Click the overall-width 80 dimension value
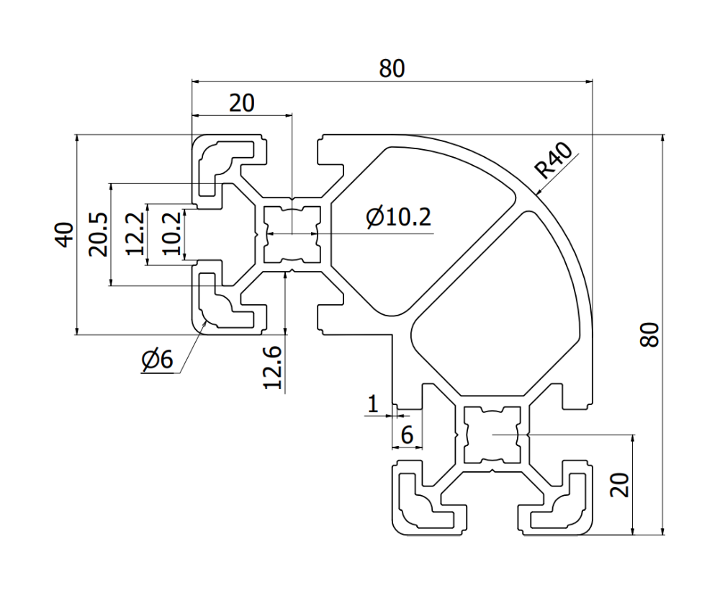392,68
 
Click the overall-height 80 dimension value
650,335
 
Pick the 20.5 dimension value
99,233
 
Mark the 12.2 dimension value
135,233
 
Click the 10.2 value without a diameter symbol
171,233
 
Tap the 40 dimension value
65,234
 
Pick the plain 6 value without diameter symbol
406,435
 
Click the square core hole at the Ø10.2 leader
291,233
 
